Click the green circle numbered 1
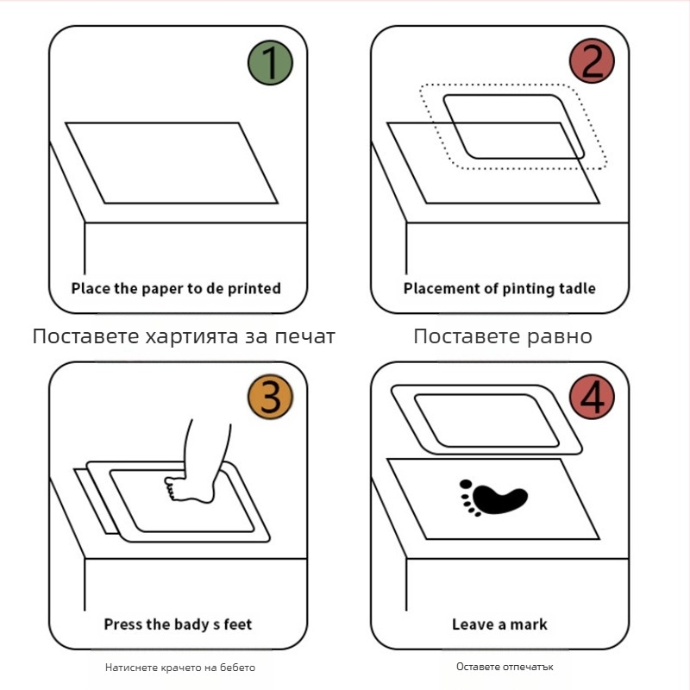pyautogui.click(x=271, y=62)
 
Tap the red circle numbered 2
pyautogui.click(x=593, y=62)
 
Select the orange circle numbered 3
pyautogui.click(x=271, y=398)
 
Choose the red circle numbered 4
pyautogui.click(x=593, y=398)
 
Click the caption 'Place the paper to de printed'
pyautogui.click(x=176, y=288)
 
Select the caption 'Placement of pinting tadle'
pyautogui.click(x=499, y=288)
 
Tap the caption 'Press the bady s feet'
pyautogui.click(x=178, y=624)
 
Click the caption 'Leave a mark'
pyautogui.click(x=499, y=624)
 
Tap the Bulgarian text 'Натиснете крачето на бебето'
pyautogui.click(x=180, y=667)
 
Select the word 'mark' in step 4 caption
pyautogui.click(x=530, y=624)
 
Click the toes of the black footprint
pyautogui.click(x=467, y=499)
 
